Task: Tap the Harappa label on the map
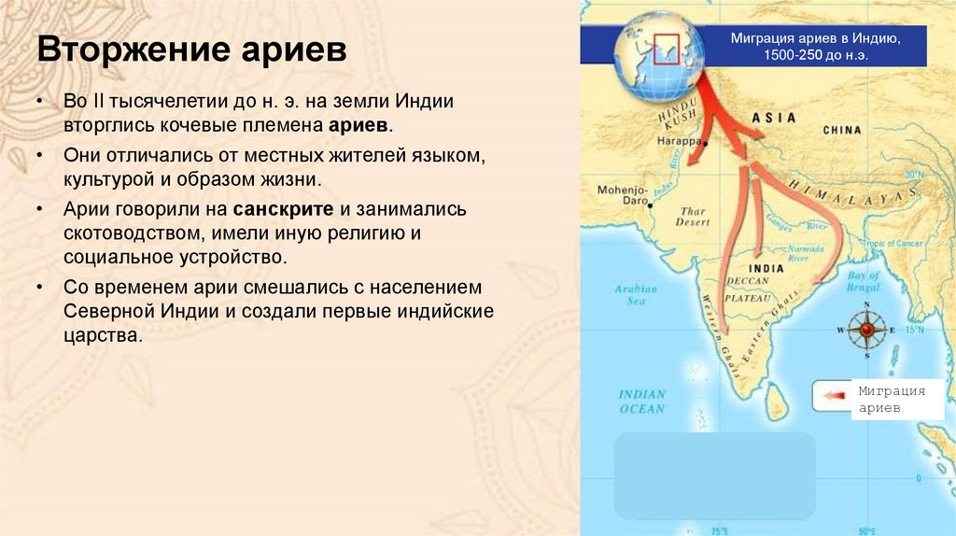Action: (678, 141)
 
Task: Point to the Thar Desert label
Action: (692, 217)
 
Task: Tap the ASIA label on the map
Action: (774, 119)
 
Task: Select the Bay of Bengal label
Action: (863, 282)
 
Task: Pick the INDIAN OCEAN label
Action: (642, 402)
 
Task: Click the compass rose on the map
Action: (866, 329)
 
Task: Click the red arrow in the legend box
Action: (834, 395)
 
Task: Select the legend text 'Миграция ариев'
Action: (892, 400)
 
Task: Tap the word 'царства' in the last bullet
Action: (103, 333)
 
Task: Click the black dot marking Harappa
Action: (706, 144)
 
